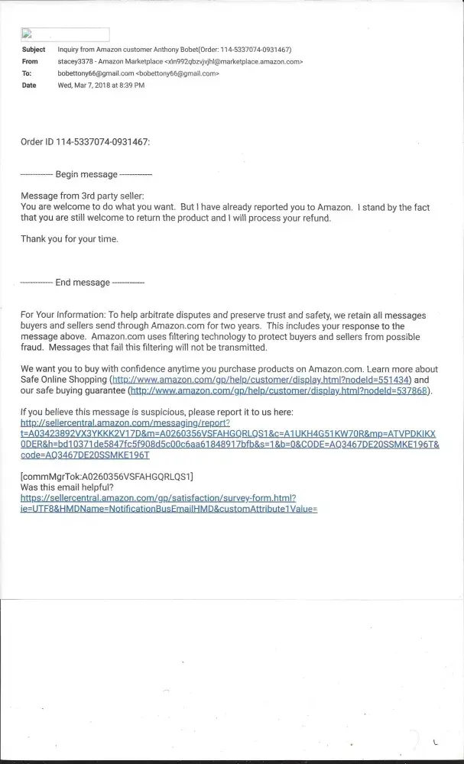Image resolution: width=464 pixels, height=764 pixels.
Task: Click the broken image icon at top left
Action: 26,34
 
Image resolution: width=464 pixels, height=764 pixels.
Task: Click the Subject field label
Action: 34,49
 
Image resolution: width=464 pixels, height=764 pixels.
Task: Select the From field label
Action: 31,61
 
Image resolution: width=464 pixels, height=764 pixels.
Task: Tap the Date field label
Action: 29,86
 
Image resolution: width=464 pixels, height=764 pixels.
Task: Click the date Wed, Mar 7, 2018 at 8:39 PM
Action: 101,86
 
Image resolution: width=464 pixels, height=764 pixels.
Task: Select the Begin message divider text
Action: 85,174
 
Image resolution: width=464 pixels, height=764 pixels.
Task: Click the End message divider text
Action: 81,283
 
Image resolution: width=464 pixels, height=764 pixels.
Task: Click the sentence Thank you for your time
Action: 70,239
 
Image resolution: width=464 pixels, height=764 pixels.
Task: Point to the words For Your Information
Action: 64,315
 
